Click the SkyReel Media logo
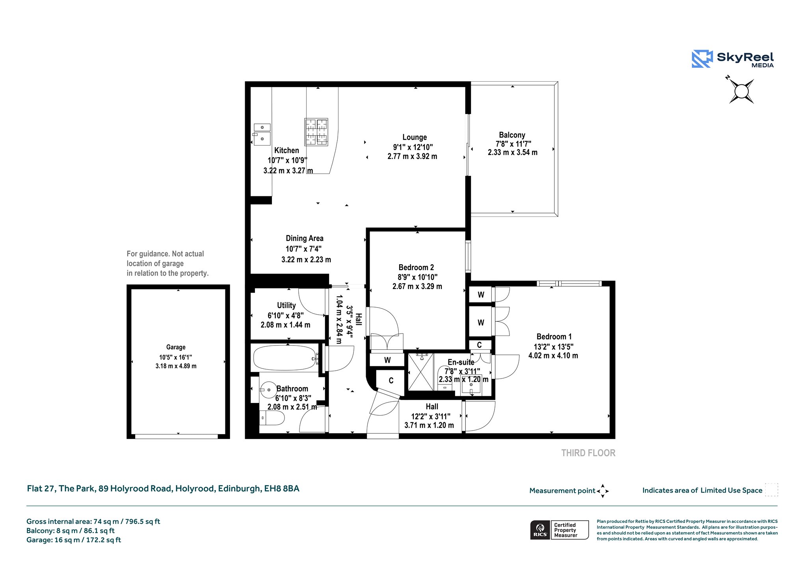coord(733,59)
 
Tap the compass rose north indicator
coord(741,91)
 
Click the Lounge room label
coord(415,137)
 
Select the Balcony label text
coord(512,135)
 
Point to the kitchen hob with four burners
coord(316,132)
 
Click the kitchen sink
coord(262,134)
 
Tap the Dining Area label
coord(305,238)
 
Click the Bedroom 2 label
coord(416,267)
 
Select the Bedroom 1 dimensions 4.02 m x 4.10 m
coord(553,356)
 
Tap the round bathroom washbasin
coord(268,390)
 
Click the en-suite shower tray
coord(421,372)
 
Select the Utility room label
coord(286,305)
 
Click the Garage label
coord(176,347)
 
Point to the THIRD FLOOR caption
coord(588,453)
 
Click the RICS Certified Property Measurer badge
coord(560,530)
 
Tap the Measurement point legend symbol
coord(602,491)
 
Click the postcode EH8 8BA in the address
coord(282,489)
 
